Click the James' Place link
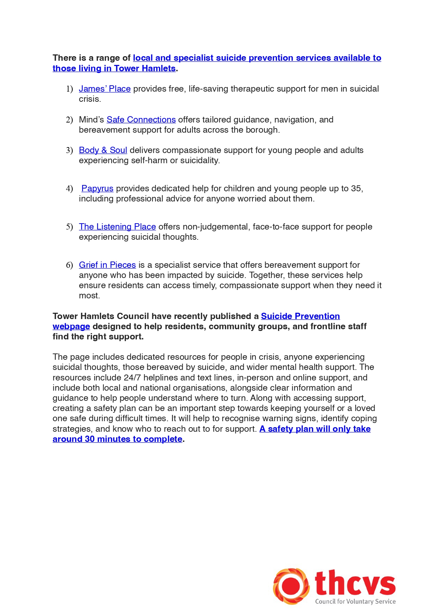105,89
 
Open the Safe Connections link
141,120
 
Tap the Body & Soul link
103,150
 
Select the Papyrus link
97,188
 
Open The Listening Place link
117,227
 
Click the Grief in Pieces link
107,265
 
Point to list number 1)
69,89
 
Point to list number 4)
69,189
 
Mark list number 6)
69,265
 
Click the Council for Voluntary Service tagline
355,602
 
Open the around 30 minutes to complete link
117,439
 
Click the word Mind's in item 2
91,120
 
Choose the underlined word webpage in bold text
71,326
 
